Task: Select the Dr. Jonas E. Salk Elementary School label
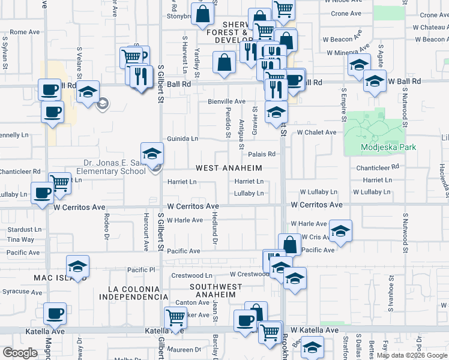115,166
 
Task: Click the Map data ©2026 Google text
412,355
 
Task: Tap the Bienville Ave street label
227,101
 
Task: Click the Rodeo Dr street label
106,225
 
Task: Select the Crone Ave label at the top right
346,14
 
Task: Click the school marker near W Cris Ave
340,231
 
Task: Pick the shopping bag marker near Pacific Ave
290,245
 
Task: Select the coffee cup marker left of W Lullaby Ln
43,194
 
